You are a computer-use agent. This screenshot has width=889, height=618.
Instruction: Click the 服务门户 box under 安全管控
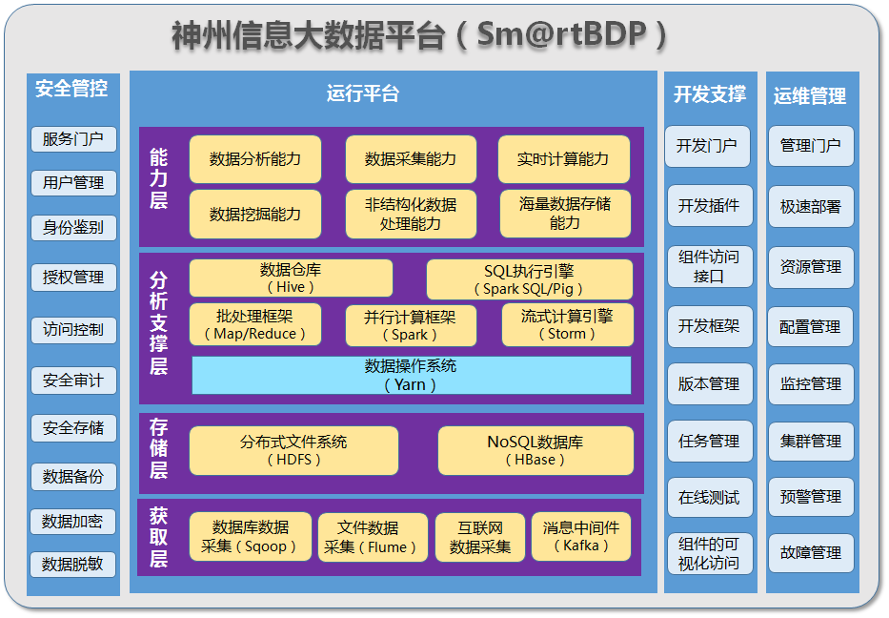[x=73, y=139]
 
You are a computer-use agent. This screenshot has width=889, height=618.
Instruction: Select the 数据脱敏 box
[x=73, y=565]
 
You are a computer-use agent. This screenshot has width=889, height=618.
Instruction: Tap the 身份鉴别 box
[x=73, y=227]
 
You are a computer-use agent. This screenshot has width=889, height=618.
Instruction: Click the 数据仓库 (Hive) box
[x=291, y=278]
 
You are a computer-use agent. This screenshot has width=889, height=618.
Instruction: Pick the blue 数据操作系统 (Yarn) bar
[x=411, y=375]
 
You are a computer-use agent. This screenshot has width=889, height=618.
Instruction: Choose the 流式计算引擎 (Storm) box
[x=567, y=325]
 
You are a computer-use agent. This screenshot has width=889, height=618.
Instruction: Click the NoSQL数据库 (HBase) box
[x=535, y=450]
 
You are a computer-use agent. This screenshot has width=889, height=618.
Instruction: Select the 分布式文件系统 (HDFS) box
[x=293, y=450]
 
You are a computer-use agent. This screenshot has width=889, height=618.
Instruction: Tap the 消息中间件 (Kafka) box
[x=581, y=537]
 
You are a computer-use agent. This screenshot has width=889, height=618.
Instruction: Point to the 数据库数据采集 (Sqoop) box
[x=251, y=537]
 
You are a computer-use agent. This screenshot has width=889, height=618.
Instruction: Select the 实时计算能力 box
[x=563, y=159]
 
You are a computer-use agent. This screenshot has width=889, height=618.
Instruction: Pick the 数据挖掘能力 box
[x=255, y=215]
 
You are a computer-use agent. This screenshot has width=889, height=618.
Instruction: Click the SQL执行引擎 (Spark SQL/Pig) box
[x=529, y=279]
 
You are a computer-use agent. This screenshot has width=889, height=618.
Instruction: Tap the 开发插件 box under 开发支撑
[x=708, y=206]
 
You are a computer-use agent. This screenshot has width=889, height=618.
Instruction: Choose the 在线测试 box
[x=708, y=498]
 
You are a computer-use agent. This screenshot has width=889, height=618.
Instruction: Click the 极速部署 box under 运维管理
[x=811, y=207]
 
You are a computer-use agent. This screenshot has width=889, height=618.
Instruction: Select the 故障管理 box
[x=811, y=552]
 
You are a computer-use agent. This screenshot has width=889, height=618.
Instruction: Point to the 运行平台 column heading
[x=363, y=93]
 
